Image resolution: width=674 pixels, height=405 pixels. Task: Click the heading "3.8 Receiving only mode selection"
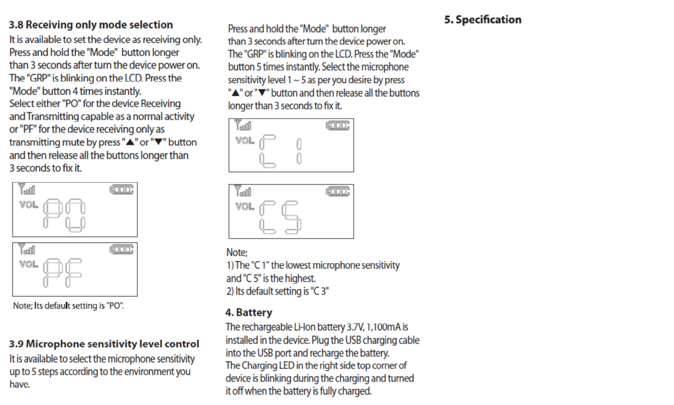(x=91, y=25)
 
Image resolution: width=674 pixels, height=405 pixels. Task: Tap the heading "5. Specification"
(x=483, y=19)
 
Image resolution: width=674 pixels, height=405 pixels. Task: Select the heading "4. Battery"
(x=248, y=313)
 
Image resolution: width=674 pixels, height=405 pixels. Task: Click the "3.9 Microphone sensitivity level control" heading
(x=104, y=344)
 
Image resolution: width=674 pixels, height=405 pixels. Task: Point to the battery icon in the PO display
(x=121, y=190)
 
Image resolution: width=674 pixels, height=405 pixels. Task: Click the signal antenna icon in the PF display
(x=27, y=249)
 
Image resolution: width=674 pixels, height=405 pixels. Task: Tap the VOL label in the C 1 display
(x=245, y=140)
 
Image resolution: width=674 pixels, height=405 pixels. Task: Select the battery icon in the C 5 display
(x=337, y=192)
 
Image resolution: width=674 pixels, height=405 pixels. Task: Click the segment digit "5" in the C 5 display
(x=291, y=218)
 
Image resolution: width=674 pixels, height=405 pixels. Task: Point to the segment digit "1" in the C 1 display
(x=299, y=151)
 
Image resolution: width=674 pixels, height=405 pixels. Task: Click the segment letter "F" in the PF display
(x=74, y=274)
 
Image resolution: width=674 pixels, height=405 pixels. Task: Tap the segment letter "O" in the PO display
(x=75, y=216)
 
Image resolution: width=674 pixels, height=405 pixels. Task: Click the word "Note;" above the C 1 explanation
(x=237, y=252)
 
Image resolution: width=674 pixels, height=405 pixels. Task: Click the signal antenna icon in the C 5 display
(x=243, y=192)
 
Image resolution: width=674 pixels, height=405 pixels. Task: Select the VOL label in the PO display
(x=28, y=205)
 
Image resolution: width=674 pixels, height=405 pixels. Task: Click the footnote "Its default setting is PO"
(x=68, y=305)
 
